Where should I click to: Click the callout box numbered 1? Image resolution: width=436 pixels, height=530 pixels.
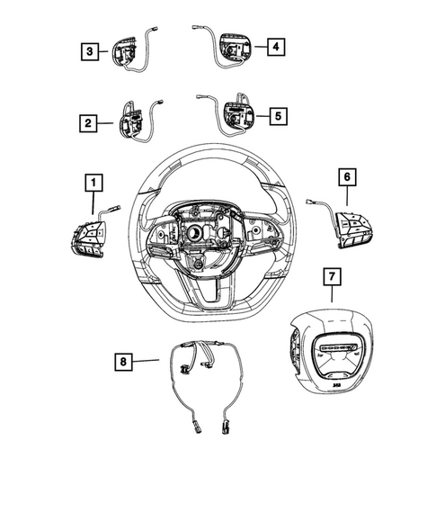[x=93, y=183]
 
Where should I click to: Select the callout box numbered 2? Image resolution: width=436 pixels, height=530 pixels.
[x=88, y=123]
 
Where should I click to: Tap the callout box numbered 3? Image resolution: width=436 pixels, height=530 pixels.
[x=90, y=51]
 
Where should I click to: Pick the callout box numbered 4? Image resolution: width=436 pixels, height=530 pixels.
[x=276, y=47]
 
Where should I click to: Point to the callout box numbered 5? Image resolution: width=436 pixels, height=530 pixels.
[x=278, y=116]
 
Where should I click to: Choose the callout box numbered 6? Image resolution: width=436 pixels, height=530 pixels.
[x=347, y=176]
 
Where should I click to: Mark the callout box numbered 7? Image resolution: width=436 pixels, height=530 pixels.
[x=332, y=277]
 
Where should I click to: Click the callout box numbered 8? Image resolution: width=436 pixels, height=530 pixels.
[x=123, y=362]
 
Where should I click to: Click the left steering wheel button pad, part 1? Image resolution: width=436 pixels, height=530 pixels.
[x=87, y=238]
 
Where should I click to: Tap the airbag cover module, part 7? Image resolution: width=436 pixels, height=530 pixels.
[x=332, y=354]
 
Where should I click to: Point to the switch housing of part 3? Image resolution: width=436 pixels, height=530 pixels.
[x=124, y=51]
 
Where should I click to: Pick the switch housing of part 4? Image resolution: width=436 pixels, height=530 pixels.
[x=236, y=48]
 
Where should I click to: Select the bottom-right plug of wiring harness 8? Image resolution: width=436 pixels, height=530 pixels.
[x=225, y=427]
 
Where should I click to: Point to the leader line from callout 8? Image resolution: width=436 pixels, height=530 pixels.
[x=146, y=361]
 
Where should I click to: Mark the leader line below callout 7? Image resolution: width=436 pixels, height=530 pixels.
[x=332, y=294]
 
